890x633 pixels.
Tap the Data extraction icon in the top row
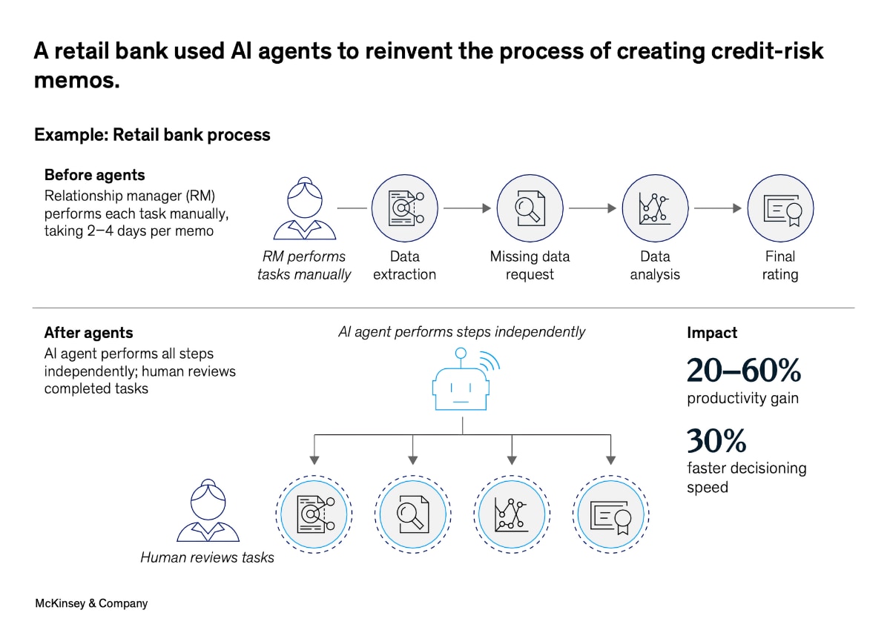(405, 208)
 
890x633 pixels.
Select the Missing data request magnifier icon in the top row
(530, 208)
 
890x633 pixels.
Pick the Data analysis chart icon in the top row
(655, 208)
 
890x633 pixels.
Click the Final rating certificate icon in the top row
(780, 208)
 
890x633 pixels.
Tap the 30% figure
(716, 441)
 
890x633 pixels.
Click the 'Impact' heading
(712, 334)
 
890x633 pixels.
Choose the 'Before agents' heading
(94, 175)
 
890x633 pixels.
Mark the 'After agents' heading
(88, 333)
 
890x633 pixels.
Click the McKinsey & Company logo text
(91, 603)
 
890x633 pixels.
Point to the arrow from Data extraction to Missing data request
(467, 208)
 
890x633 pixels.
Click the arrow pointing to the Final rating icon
(717, 208)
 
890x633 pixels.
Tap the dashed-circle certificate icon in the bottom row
(612, 514)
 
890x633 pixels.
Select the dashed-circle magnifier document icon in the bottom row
(412, 514)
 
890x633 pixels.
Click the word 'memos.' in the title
(76, 80)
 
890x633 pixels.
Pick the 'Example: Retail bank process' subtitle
(152, 135)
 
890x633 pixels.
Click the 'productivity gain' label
(742, 399)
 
